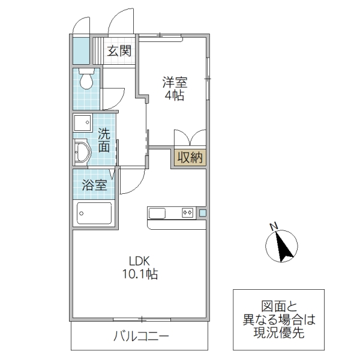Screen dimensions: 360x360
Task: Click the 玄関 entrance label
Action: coord(119,51)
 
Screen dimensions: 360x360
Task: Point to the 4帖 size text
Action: coord(174,96)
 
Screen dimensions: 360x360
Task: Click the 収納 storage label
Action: coord(190,158)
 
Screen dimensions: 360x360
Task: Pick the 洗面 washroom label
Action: coord(104,140)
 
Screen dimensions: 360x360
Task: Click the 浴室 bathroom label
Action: coord(94,185)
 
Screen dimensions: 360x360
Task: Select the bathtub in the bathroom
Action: coord(94,213)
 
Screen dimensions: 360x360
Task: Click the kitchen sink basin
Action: coord(157,212)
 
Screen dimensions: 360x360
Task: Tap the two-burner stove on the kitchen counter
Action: coord(187,212)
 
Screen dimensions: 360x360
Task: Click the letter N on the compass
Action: coord(273,227)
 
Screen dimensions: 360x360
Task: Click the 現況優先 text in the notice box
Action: coord(279,333)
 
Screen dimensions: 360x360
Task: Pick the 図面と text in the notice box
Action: coord(279,305)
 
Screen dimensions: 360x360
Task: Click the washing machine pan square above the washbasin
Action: coord(81,124)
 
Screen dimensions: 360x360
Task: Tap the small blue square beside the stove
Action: coord(202,212)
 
